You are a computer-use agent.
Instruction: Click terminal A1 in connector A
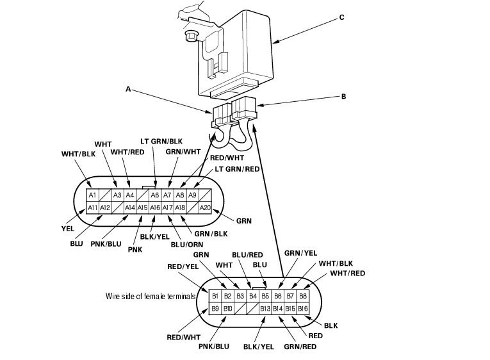click(92, 195)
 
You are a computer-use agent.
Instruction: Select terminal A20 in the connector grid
click(205, 208)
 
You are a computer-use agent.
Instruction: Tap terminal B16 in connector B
click(302, 309)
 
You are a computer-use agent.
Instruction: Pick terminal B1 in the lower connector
click(215, 296)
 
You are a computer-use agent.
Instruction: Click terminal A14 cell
click(130, 208)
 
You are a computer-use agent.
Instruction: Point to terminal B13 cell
click(265, 309)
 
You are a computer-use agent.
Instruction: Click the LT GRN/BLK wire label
click(161, 142)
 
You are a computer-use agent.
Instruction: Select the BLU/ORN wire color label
click(187, 244)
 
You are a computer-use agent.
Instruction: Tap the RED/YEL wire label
click(183, 266)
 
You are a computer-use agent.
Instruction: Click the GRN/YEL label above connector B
click(300, 253)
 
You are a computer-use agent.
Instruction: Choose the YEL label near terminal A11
click(68, 229)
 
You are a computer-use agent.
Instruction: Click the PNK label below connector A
click(135, 250)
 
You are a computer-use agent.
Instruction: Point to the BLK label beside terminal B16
click(331, 325)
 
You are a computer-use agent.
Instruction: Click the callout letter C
click(341, 17)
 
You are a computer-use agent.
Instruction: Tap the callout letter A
click(128, 89)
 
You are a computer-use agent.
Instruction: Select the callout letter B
click(343, 97)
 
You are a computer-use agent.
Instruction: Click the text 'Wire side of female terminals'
click(151, 296)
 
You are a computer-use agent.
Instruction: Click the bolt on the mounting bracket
click(190, 36)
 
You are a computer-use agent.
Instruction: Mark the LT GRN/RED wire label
click(237, 169)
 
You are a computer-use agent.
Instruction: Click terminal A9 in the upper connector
click(193, 195)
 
